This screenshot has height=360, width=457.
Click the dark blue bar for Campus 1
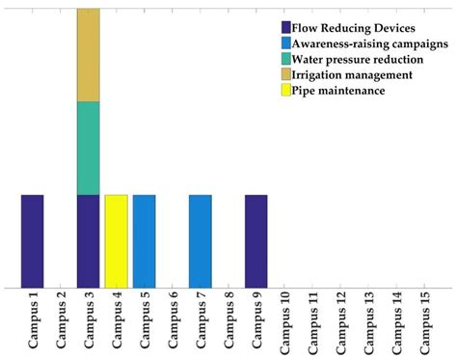(32, 240)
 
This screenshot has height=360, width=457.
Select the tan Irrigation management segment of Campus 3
(88, 55)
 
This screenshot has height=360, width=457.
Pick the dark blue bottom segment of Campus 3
(88, 240)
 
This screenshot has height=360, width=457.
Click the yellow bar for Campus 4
(116, 240)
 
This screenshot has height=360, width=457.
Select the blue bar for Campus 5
(144, 240)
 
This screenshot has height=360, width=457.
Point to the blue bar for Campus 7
(200, 240)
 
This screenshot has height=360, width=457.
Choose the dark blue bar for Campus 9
(255, 240)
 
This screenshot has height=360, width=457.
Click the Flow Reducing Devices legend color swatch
(287, 27)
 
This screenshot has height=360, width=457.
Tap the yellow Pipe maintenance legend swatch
(287, 90)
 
